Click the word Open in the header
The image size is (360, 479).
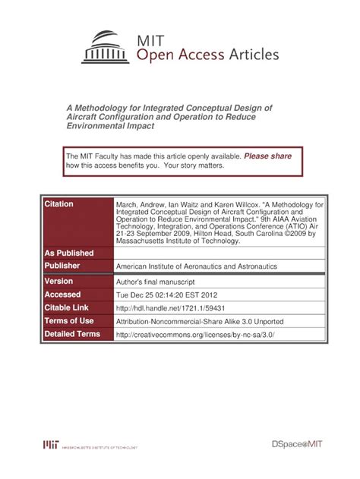point(154,55)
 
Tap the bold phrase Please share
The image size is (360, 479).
point(267,156)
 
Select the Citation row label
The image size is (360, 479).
point(59,205)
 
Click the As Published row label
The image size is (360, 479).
point(69,253)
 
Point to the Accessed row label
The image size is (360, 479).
point(62,295)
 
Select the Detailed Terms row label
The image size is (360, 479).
point(72,334)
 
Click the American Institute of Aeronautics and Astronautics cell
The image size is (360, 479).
point(195,267)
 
